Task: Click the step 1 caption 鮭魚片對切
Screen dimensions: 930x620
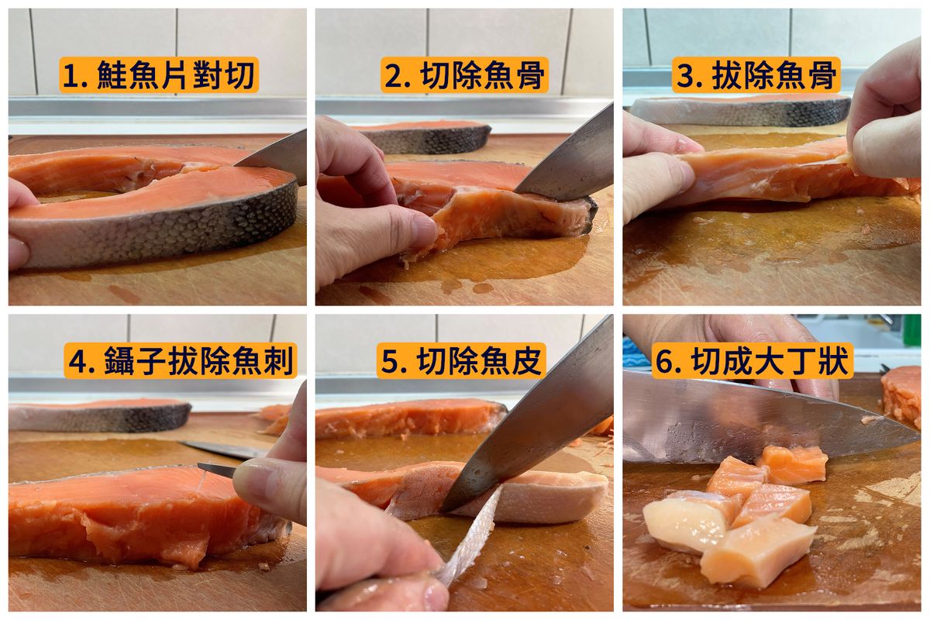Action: [x=175, y=76]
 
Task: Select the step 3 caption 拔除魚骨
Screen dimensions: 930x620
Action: [x=774, y=76]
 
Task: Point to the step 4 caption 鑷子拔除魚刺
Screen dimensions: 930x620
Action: [x=198, y=360]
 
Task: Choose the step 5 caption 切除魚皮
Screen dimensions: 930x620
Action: [x=479, y=360]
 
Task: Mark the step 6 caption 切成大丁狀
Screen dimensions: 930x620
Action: [x=770, y=360]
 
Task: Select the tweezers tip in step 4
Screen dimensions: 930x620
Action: [x=199, y=465]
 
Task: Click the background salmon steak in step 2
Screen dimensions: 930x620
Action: [x=423, y=136]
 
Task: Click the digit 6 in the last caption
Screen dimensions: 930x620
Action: [x=664, y=361]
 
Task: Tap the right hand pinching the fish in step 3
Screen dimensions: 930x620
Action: [x=884, y=120]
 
